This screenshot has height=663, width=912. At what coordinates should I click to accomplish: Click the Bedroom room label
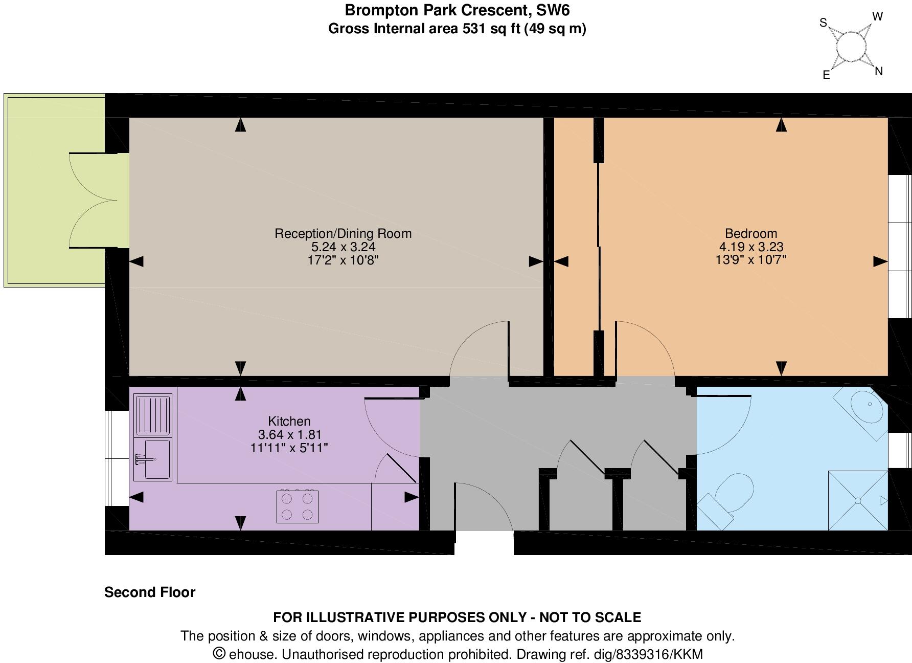[x=750, y=233]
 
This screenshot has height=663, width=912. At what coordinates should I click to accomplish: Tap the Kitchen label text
[x=289, y=421]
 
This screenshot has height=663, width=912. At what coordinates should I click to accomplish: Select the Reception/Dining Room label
[x=343, y=233]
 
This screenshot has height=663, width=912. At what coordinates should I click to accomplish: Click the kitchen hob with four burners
[x=297, y=506]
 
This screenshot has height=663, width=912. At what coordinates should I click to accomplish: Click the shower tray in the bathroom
[x=858, y=500]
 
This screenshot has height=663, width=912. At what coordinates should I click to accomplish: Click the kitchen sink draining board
[x=153, y=414]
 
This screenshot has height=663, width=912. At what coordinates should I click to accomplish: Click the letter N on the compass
[x=879, y=71]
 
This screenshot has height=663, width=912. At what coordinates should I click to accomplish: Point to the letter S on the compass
[x=823, y=23]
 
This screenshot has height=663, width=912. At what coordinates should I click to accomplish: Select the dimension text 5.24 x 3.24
[x=343, y=247]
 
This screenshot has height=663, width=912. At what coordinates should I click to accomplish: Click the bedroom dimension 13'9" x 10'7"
[x=750, y=259]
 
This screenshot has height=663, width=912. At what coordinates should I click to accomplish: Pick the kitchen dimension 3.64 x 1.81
[x=289, y=435]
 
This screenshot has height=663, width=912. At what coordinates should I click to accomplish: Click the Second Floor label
[x=150, y=592]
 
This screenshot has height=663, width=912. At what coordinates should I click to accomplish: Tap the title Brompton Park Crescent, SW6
[x=457, y=10]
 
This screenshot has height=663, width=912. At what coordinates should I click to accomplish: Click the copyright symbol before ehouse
[x=219, y=653]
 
